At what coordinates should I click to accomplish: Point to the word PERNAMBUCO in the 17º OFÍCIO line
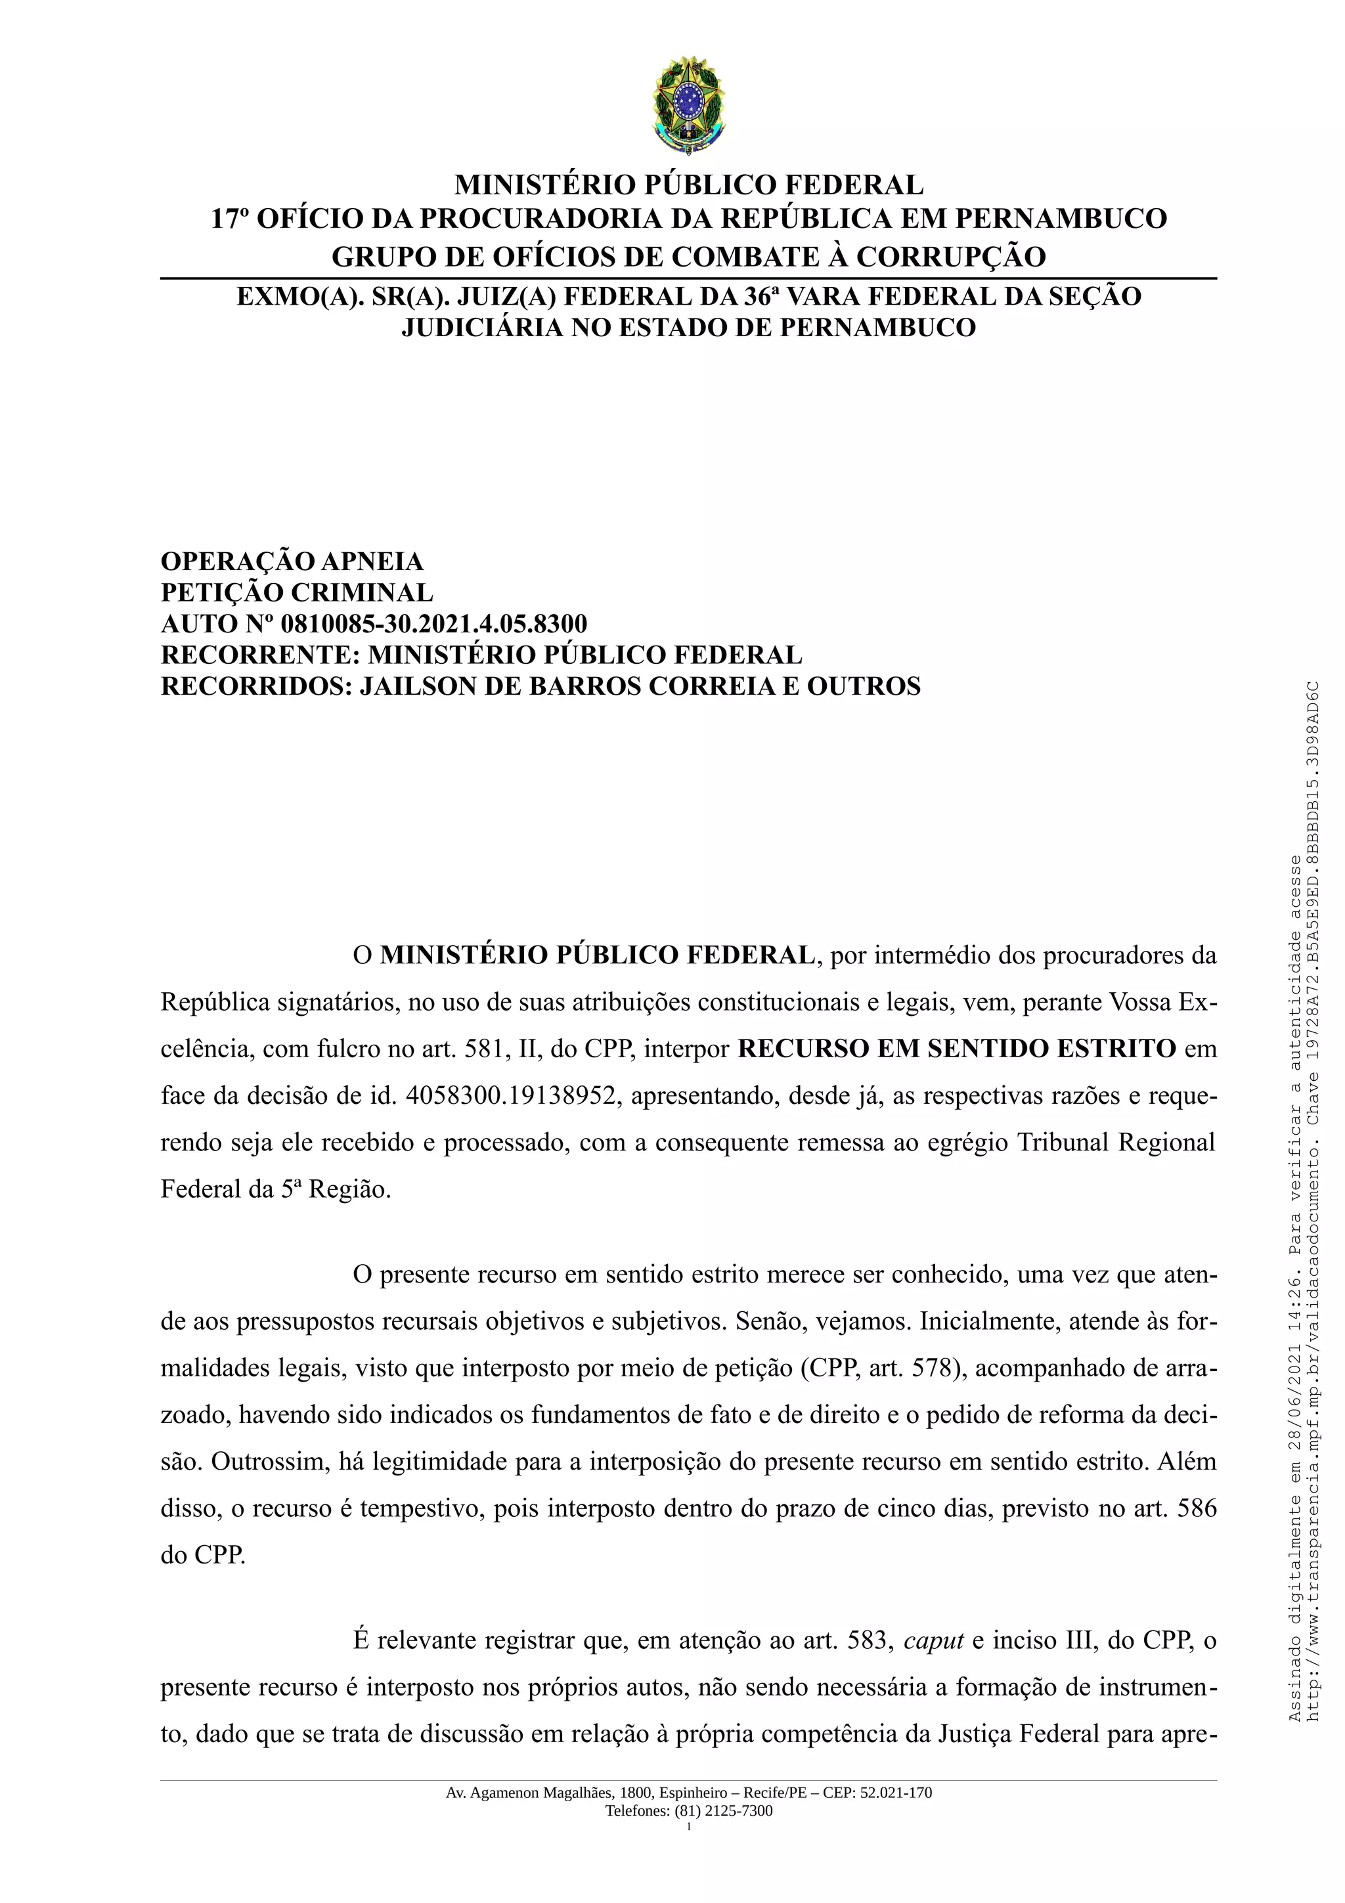pos(1061,219)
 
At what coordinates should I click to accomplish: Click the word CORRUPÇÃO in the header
pos(950,257)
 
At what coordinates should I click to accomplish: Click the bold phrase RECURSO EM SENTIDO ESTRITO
pos(956,1049)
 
